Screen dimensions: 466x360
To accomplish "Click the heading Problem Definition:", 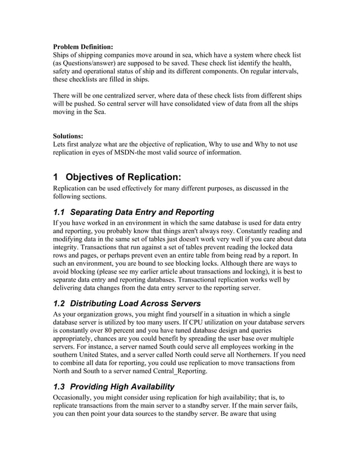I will [83, 46].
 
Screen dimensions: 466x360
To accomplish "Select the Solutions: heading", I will [68, 136].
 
